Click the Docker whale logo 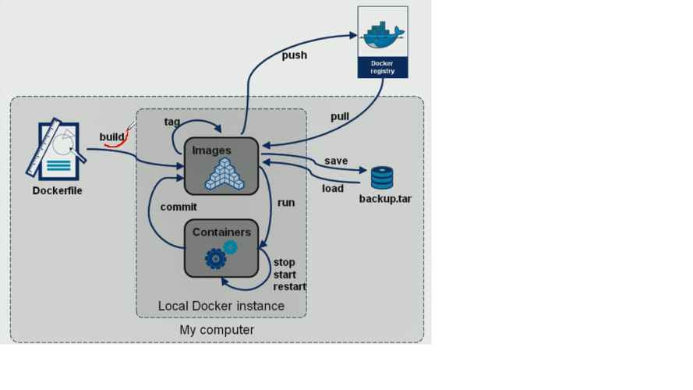coord(382,34)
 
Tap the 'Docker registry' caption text coord(382,67)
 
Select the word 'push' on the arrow coord(294,55)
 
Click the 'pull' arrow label coord(339,117)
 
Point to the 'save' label coord(336,161)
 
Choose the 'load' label coord(333,188)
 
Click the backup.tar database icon coord(382,178)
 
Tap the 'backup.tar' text coord(385,199)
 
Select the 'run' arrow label coord(286,203)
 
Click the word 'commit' coord(179,207)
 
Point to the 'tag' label coord(172,122)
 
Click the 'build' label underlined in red coord(112,137)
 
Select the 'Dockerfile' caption coord(57,190)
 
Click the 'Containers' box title coord(221,232)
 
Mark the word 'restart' coord(289,286)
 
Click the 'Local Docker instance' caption coord(221,306)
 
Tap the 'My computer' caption coord(217,330)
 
